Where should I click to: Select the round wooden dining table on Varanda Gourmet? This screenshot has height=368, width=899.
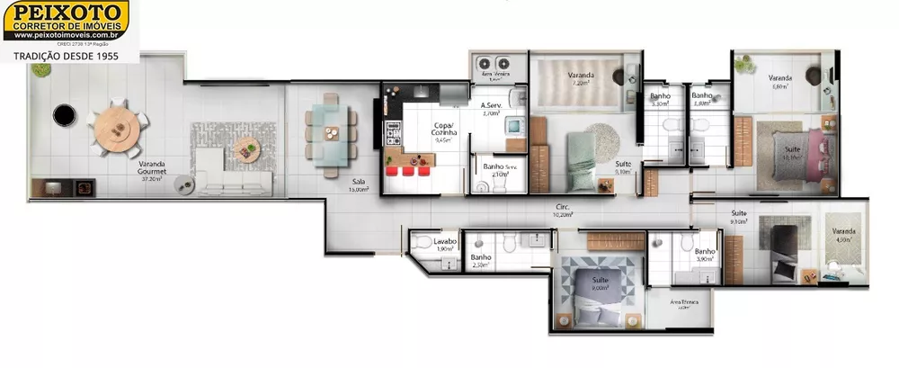(x=117, y=126)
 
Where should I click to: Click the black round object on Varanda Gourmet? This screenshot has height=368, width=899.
(x=63, y=115)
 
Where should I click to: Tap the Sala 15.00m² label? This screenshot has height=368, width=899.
(x=359, y=185)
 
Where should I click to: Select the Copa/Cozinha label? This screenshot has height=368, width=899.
(x=443, y=134)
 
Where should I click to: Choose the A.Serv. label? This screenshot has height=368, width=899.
(x=491, y=109)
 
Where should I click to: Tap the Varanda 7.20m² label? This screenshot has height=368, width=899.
(x=580, y=79)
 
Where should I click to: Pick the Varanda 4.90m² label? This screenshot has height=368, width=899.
(x=842, y=235)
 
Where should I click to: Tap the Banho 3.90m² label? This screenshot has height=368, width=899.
(x=705, y=255)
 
